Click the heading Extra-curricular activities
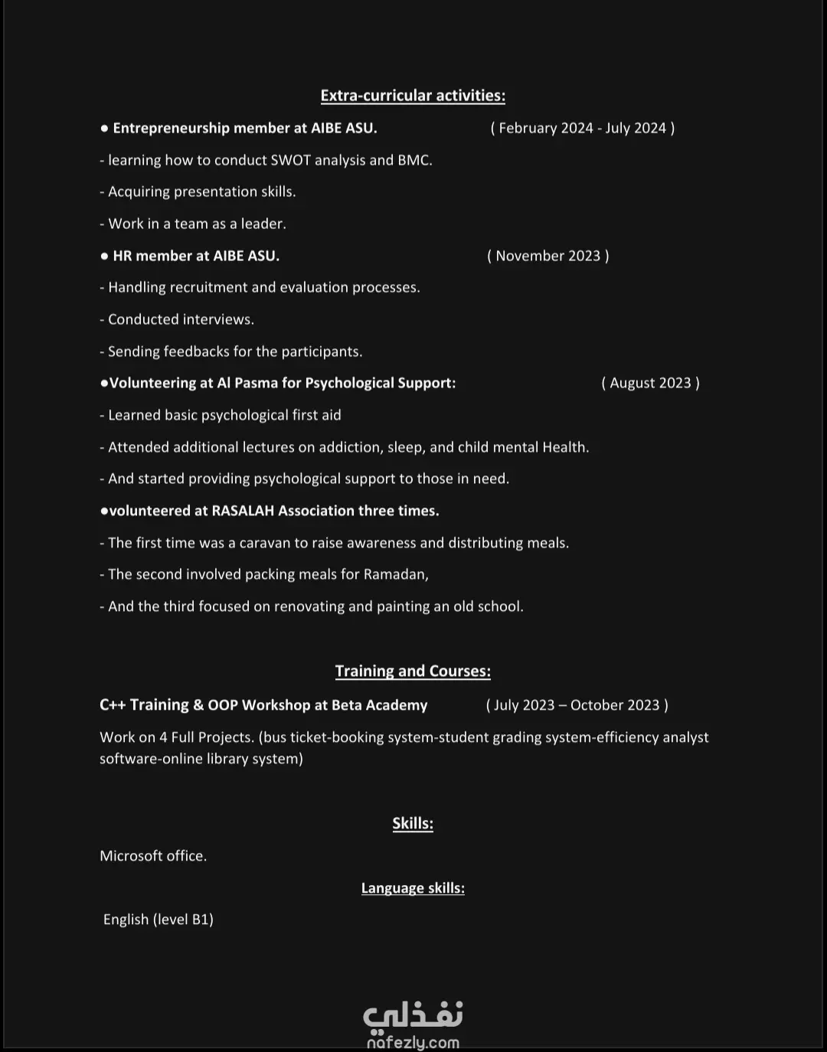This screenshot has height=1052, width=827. point(413,96)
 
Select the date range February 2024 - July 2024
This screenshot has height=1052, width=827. point(582,129)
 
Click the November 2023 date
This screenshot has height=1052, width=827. point(548,256)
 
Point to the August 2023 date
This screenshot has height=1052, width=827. point(650,383)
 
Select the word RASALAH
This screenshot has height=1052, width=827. point(243,511)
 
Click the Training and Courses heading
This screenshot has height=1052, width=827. point(413,671)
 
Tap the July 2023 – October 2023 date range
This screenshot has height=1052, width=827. point(577,705)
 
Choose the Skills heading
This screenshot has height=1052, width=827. point(413,824)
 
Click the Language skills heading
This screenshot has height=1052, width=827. point(413,888)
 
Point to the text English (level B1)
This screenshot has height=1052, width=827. point(159,920)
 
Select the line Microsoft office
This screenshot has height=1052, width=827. point(153,856)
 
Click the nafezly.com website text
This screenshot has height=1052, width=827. point(413,1042)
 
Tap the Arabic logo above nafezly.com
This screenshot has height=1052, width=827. point(413,1015)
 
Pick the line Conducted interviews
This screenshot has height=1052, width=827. point(181,319)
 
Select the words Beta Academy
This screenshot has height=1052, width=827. point(379,705)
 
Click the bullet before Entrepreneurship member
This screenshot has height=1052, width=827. point(104,129)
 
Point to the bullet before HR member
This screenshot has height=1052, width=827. point(104,256)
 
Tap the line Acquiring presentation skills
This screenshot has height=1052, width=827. point(201,192)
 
